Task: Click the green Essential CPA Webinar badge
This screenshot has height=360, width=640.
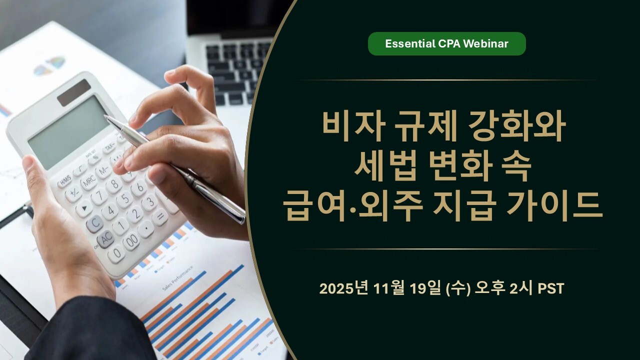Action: click(x=447, y=43)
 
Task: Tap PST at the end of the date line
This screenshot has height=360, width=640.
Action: click(x=551, y=288)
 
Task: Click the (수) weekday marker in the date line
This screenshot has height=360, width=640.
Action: click(x=458, y=288)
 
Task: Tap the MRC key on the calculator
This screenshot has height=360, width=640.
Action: click(x=89, y=181)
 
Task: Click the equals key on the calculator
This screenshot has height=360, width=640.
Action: click(x=160, y=216)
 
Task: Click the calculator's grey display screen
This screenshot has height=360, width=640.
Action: click(x=68, y=132)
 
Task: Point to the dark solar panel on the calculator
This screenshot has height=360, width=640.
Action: click(x=74, y=92)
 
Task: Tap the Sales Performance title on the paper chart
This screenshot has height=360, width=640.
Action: click(x=177, y=278)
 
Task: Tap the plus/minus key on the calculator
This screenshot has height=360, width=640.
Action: click(x=73, y=194)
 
